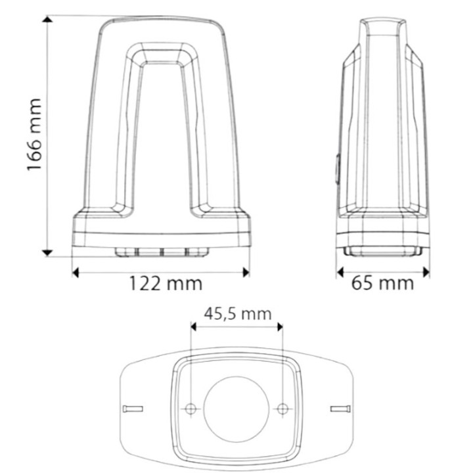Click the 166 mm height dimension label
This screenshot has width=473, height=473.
(x=34, y=135)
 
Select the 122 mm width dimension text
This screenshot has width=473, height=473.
(x=165, y=283)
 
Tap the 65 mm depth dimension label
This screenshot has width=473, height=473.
(x=383, y=283)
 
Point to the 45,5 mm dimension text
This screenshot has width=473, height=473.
(x=237, y=313)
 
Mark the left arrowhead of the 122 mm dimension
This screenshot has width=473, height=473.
(x=76, y=271)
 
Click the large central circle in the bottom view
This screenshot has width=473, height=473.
(x=236, y=409)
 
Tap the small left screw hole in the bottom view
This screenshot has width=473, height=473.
(x=191, y=409)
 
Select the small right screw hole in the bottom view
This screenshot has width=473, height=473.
(x=282, y=409)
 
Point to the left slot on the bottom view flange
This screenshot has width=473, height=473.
(x=133, y=409)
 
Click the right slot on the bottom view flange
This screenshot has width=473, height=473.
(x=340, y=409)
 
